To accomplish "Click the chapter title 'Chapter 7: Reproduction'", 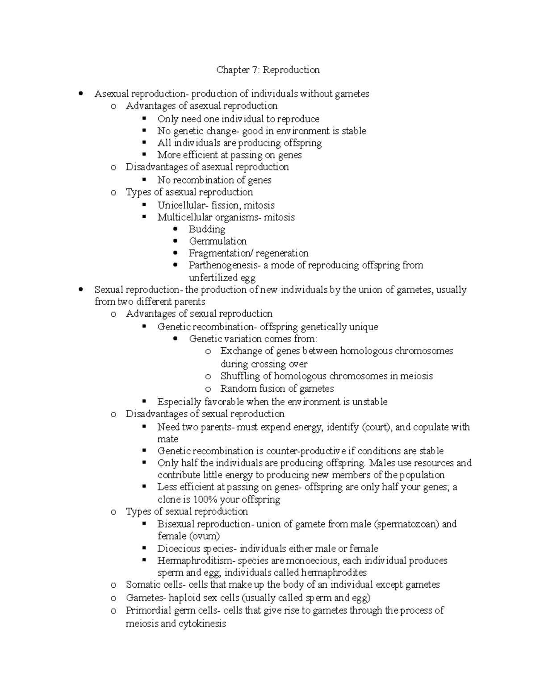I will pos(268,70).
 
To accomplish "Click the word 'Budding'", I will pos(207,229).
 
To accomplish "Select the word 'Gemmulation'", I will pos(218,241).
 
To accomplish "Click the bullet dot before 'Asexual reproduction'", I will pos(80,94).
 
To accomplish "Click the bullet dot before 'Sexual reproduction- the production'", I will pos(80,290).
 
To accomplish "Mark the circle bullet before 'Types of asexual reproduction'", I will pos(113,192).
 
